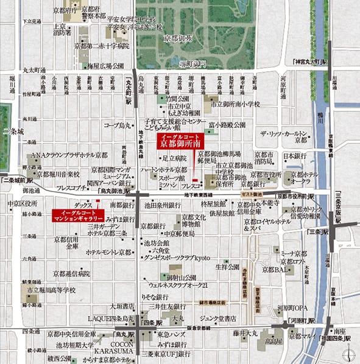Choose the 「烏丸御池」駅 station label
tap(116, 191)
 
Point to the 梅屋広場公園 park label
tap(106, 65)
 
